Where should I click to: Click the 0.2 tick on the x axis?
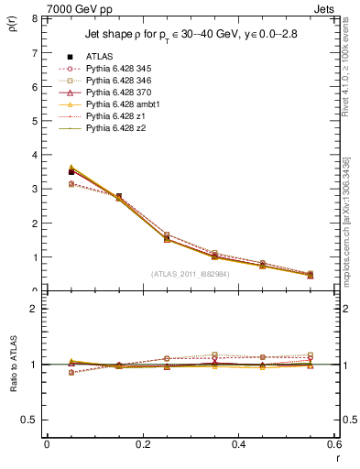(142, 443)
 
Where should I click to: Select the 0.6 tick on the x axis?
(333, 443)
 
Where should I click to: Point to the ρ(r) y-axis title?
(10, 25)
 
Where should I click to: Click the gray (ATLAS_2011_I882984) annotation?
(191, 274)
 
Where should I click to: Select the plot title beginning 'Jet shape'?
(191, 35)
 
